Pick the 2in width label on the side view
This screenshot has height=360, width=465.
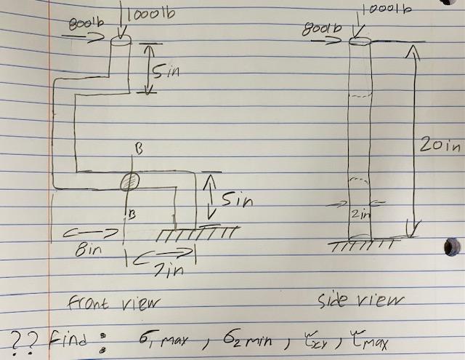click(355, 214)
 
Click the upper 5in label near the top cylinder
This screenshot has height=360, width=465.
click(168, 71)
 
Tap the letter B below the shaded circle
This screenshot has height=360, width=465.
click(132, 214)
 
